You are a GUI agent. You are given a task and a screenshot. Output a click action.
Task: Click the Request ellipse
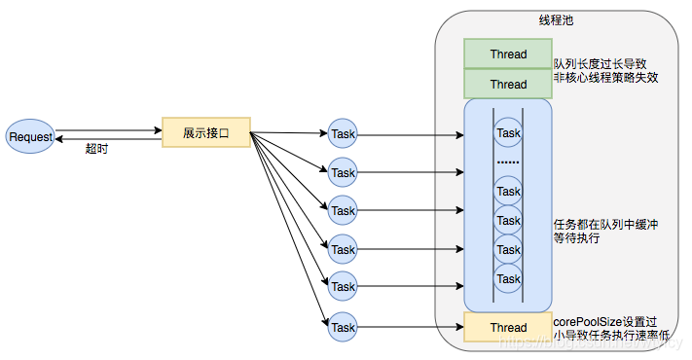(30, 136)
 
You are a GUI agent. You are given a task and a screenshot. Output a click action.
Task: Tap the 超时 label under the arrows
(96, 149)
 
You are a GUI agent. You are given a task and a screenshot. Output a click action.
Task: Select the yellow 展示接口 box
(206, 132)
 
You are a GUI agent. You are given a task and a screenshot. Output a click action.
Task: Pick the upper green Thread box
(508, 54)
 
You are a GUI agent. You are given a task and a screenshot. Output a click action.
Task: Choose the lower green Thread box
(508, 84)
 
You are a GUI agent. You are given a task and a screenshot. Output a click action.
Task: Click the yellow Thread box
(508, 327)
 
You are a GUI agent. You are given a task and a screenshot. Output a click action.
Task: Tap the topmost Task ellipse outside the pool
(343, 133)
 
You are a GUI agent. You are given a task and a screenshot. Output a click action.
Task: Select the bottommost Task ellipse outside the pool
(343, 326)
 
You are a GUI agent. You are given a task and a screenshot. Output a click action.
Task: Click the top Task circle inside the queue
(508, 132)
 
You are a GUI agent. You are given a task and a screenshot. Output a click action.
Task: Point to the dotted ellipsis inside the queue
(508, 161)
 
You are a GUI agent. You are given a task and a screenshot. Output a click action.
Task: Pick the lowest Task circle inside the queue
(508, 279)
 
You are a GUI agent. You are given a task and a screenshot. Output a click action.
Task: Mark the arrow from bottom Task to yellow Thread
(409, 327)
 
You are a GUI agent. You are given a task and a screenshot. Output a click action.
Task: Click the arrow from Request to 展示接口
(107, 129)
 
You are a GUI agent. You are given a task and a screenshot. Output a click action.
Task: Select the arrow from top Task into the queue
(409, 133)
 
